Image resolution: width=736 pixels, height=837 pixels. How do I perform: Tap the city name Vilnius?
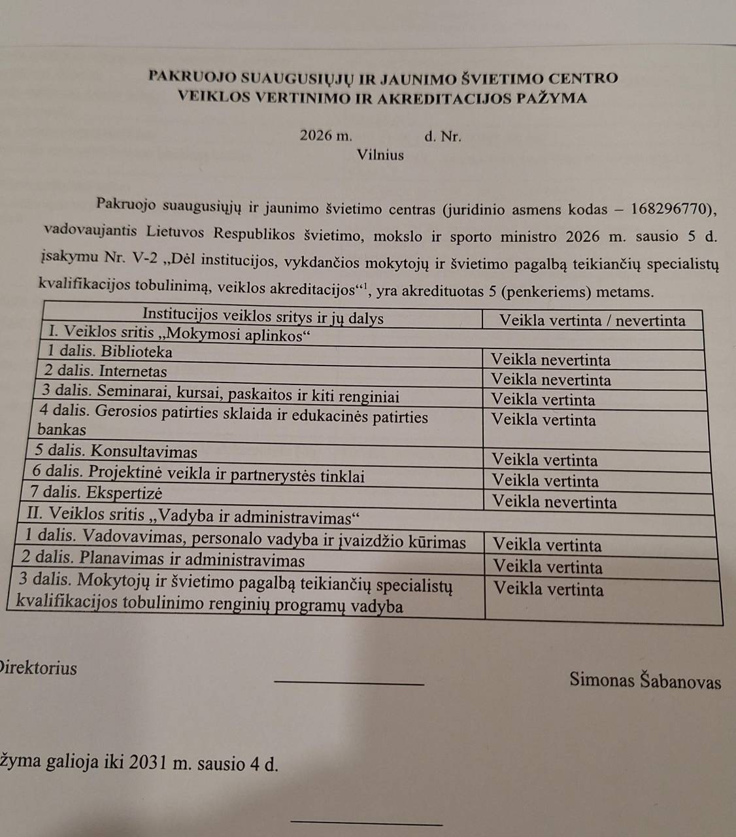point(380,155)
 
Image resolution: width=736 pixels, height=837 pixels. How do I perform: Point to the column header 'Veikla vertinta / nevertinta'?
point(592,320)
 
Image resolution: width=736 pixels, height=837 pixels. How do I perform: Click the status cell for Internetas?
point(550,379)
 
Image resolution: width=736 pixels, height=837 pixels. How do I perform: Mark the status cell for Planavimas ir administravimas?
point(548,566)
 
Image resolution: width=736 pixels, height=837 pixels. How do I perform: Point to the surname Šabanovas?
point(682,681)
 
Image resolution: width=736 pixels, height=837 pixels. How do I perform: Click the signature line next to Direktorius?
point(350,684)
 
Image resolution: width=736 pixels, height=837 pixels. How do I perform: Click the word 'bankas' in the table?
point(62,430)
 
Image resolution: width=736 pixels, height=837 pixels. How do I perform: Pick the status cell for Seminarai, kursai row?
point(543,400)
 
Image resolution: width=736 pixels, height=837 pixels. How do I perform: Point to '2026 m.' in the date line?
point(326,137)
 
